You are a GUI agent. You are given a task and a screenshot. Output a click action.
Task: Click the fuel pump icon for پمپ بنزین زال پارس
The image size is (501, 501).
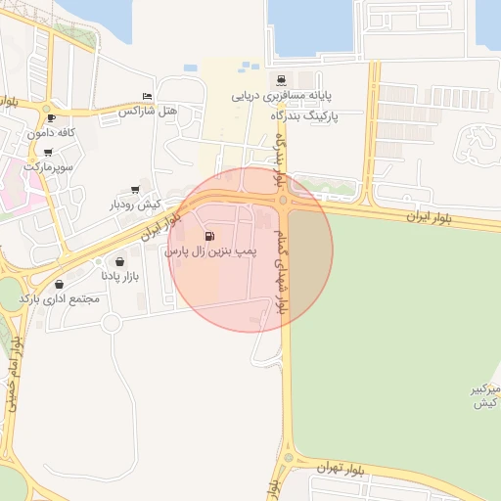209,237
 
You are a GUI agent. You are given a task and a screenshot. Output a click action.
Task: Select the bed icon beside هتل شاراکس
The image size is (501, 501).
147,96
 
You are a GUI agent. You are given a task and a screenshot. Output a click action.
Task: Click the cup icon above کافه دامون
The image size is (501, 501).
51,117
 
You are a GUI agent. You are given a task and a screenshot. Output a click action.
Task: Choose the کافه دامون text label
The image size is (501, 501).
52,132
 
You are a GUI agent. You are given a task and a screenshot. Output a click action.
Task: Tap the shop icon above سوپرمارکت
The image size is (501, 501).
48,152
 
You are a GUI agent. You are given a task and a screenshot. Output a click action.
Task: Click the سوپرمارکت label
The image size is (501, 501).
49,168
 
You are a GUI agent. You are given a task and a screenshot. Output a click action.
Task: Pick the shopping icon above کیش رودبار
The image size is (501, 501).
134,190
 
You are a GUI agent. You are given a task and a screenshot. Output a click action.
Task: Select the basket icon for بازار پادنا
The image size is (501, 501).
119,262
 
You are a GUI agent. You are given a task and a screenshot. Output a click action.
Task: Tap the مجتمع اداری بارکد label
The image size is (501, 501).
60,298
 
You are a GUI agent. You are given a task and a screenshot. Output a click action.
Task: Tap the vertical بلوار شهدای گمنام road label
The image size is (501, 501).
285,264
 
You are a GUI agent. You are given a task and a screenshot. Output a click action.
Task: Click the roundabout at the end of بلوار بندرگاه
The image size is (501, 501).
283,201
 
